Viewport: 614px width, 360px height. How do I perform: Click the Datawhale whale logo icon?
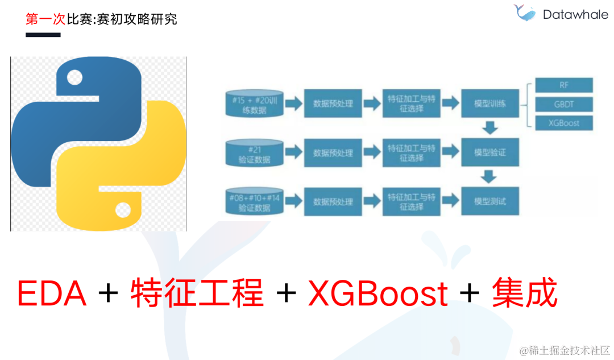pyautogui.click(x=524, y=14)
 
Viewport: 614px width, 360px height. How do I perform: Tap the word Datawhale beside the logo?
pyautogui.click(x=575, y=15)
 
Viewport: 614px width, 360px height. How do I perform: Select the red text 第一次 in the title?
pyautogui.click(x=46, y=19)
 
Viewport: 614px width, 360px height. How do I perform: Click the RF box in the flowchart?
pyautogui.click(x=563, y=85)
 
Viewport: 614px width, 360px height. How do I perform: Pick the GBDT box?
pyautogui.click(x=563, y=104)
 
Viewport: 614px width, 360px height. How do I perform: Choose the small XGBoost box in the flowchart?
pyautogui.click(x=563, y=123)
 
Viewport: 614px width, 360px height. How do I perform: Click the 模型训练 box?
pyautogui.click(x=490, y=104)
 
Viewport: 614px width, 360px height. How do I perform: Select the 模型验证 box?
pyautogui.click(x=490, y=152)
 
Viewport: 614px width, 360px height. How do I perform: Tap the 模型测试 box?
pyautogui.click(x=490, y=201)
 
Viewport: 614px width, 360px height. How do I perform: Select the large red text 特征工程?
pyautogui.click(x=197, y=293)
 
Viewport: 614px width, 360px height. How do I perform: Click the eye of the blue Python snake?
pyautogui.click(x=74, y=77)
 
